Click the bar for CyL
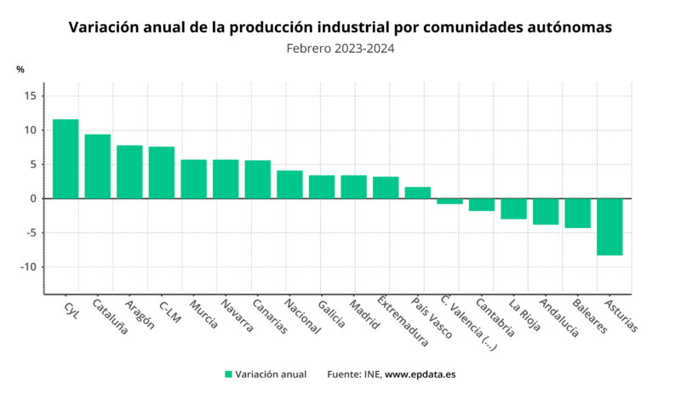click(66, 159)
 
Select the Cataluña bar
click(97, 167)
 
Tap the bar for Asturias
click(609, 226)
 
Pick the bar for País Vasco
click(417, 193)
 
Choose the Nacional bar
click(289, 185)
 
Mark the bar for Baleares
click(577, 213)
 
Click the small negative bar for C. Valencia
click(449, 202)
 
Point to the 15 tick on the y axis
click(30, 96)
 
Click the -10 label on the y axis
click(27, 267)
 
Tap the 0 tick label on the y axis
click(32, 198)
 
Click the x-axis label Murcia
click(203, 314)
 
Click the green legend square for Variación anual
click(228, 374)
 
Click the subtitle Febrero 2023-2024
click(340, 49)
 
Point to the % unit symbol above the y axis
click(20, 70)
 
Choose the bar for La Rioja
click(513, 209)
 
